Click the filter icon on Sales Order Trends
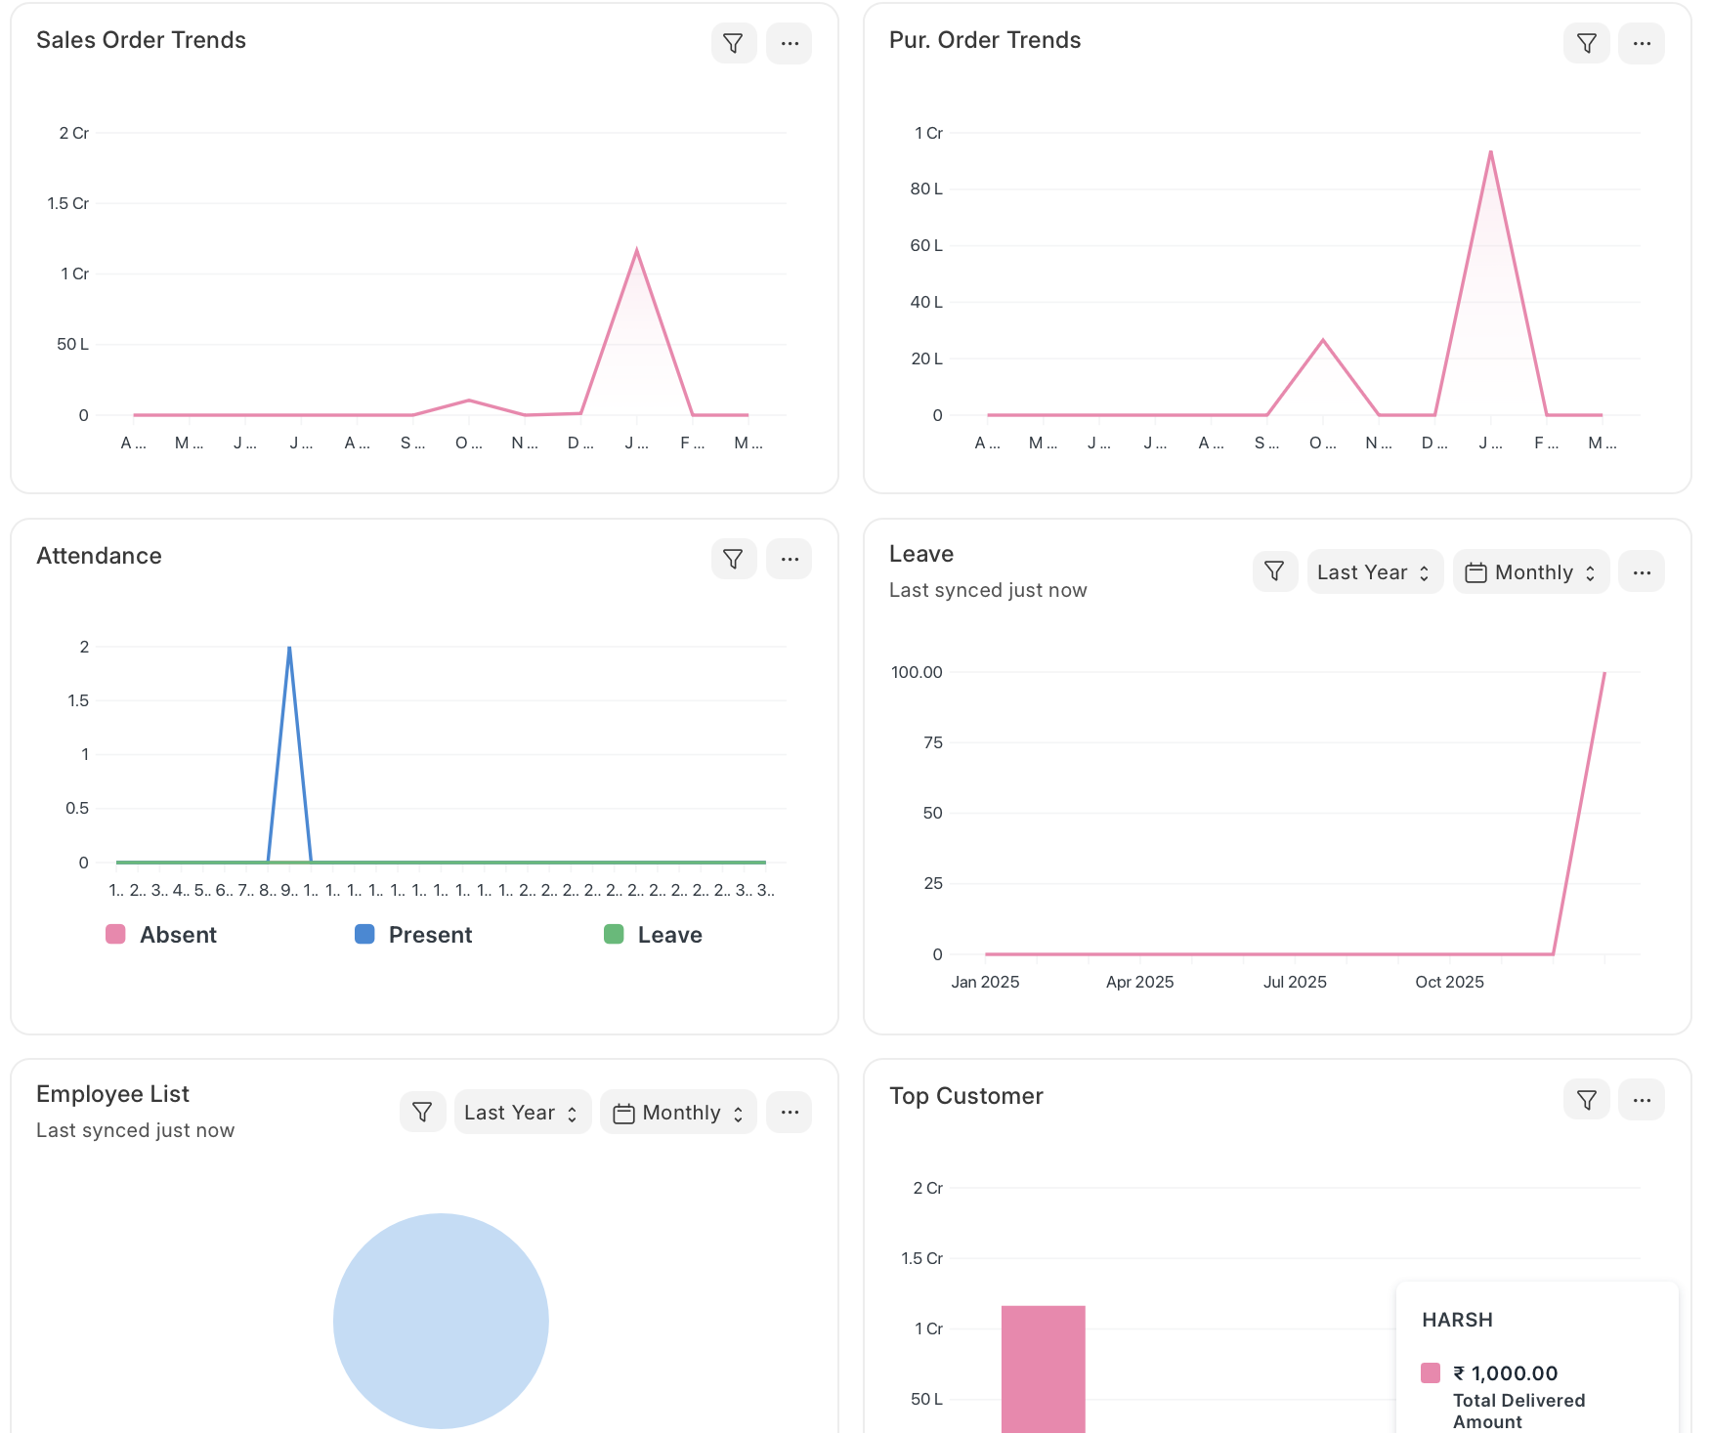point(733,44)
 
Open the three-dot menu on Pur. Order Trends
point(1642,44)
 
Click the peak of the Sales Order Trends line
point(637,251)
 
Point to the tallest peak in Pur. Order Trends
point(1490,152)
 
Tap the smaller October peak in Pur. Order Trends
point(1323,340)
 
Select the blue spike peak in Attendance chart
point(289,648)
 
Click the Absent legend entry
point(162,935)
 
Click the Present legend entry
point(413,935)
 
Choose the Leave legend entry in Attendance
point(653,935)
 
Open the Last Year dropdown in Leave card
point(1374,572)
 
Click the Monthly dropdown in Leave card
point(1531,572)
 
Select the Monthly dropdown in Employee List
point(678,1113)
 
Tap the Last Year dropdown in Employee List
point(522,1113)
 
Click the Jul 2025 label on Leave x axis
point(1295,982)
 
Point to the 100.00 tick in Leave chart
point(917,672)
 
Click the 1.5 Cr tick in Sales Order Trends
point(67,203)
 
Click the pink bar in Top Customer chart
point(1043,1368)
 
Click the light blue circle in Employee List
point(441,1321)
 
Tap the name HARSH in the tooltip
point(1457,1320)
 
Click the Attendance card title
point(99,556)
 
